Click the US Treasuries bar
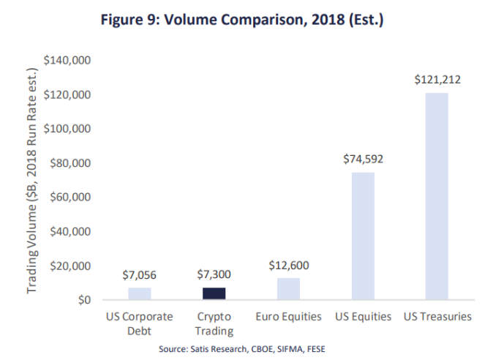click(437, 196)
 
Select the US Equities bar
click(363, 236)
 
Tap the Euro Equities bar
click(289, 289)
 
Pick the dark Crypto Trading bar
click(214, 293)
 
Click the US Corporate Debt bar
click(139, 293)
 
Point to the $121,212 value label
click(437, 80)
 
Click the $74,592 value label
click(363, 160)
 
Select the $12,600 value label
click(289, 265)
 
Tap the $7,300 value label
click(214, 275)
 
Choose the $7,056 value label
click(139, 275)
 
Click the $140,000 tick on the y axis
click(67, 61)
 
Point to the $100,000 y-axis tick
click(67, 129)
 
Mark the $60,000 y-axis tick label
click(69, 198)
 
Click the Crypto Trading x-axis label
click(214, 323)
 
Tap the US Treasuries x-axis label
click(437, 317)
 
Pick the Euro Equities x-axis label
click(289, 317)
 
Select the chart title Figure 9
click(242, 20)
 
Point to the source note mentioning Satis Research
click(242, 348)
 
